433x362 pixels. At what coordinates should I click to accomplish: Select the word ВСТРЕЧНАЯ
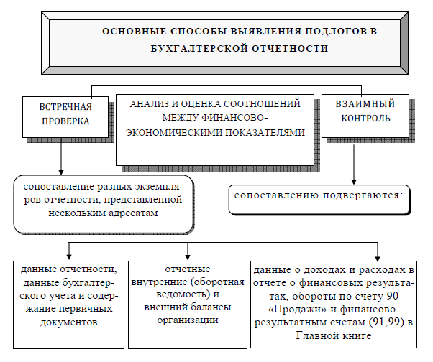65,107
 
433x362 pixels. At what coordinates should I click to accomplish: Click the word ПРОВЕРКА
65,121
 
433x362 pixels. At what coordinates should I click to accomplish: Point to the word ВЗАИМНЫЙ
365,104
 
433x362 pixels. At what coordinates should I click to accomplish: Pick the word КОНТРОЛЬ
365,119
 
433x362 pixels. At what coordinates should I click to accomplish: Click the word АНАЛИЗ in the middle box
148,104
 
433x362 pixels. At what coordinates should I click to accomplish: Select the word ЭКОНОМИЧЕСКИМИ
173,133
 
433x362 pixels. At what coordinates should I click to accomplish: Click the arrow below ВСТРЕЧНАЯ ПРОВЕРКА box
61,157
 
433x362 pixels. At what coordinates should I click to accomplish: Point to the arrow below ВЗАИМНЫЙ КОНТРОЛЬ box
354,164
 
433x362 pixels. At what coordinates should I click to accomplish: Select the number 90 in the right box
393,296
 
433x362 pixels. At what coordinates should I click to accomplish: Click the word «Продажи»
297,310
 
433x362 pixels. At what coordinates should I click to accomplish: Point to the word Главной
318,336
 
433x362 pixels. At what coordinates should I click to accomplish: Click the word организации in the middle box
188,320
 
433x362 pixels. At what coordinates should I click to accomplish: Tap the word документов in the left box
69,322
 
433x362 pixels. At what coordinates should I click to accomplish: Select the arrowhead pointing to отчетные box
188,257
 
